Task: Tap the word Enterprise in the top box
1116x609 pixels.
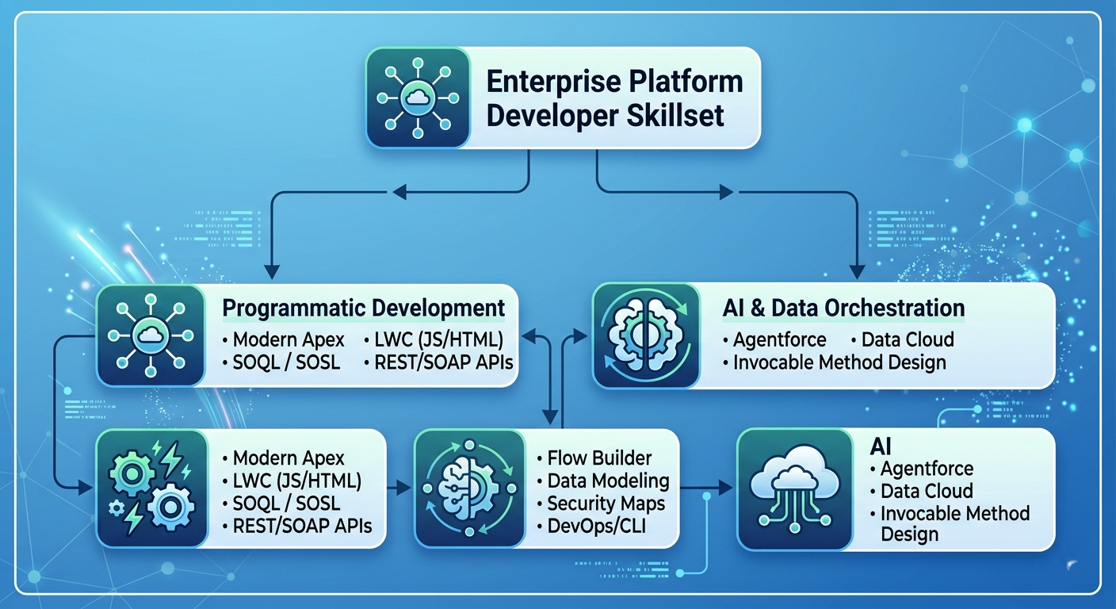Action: (545, 82)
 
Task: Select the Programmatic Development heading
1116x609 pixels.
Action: (364, 308)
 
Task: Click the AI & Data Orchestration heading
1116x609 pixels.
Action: (843, 308)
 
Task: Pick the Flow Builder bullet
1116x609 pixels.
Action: (594, 458)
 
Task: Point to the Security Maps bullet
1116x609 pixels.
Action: (601, 504)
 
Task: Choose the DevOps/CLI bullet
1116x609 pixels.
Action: (591, 526)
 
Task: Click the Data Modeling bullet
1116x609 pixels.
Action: (603, 481)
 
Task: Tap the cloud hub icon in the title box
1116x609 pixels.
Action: (418, 98)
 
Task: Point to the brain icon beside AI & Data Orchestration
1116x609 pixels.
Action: (646, 335)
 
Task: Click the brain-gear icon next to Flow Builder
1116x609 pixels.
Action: (469, 488)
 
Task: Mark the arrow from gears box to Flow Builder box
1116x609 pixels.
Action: (399, 488)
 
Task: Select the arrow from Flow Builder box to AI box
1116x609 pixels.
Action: (706, 488)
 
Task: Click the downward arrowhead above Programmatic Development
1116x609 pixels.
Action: (272, 272)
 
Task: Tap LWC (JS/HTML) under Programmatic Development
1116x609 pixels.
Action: (434, 340)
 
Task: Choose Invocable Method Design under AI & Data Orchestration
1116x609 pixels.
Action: (835, 362)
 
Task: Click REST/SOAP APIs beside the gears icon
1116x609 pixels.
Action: (297, 526)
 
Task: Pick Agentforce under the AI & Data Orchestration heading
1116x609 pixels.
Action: (774, 340)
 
